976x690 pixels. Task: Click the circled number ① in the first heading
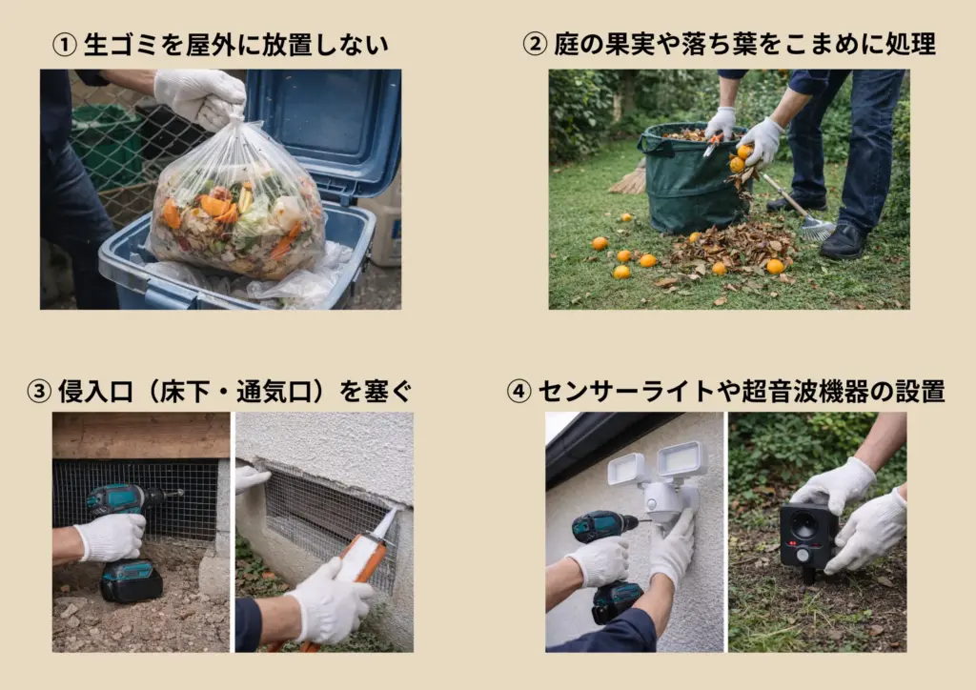click(x=64, y=45)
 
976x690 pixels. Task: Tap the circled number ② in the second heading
click(x=535, y=44)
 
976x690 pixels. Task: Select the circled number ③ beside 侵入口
click(x=38, y=392)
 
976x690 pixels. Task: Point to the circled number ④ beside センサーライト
click(x=518, y=392)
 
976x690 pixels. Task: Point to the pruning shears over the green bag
click(x=713, y=144)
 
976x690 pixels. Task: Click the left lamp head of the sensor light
click(x=626, y=469)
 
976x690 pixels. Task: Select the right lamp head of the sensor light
click(x=681, y=459)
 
